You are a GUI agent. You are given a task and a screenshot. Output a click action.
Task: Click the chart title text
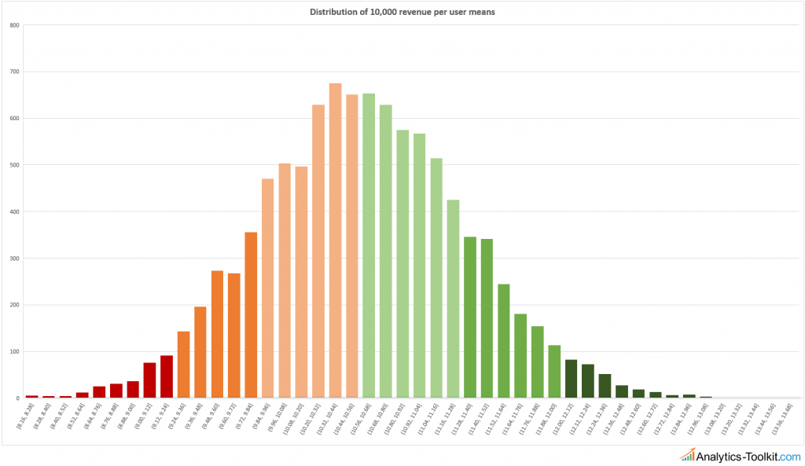point(402,12)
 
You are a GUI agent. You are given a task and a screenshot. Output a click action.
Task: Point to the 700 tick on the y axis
point(15,72)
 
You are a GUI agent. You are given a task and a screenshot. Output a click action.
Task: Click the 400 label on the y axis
point(15,212)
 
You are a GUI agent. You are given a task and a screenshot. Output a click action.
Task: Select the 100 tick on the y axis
point(15,352)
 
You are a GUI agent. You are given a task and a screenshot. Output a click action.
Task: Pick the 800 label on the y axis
point(15,25)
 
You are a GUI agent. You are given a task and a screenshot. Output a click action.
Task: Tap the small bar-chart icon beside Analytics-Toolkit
point(688,454)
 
